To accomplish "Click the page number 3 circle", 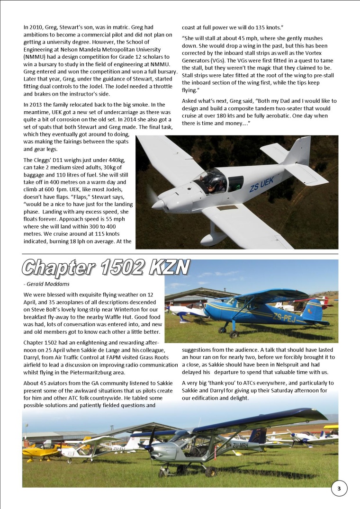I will (339, 488).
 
